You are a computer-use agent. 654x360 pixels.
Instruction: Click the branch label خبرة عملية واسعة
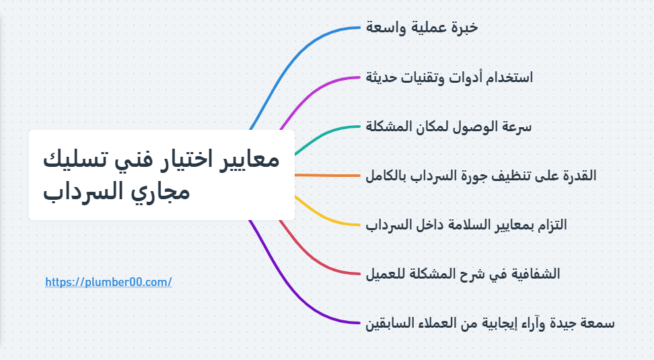click(422, 28)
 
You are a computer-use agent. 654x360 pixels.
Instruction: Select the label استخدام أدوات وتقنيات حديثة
click(449, 77)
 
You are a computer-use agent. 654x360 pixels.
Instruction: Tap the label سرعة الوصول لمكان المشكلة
click(449, 127)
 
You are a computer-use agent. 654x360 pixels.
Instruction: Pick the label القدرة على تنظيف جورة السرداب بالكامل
click(480, 176)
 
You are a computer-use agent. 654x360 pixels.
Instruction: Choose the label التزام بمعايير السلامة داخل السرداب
click(466, 225)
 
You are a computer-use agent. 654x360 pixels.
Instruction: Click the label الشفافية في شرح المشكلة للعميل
click(463, 274)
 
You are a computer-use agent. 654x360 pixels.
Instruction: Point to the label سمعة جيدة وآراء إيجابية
click(490, 323)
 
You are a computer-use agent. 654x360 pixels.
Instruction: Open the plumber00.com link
click(108, 283)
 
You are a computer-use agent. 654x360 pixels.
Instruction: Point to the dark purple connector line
click(296, 296)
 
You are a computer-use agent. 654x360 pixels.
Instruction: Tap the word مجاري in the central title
click(163, 193)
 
